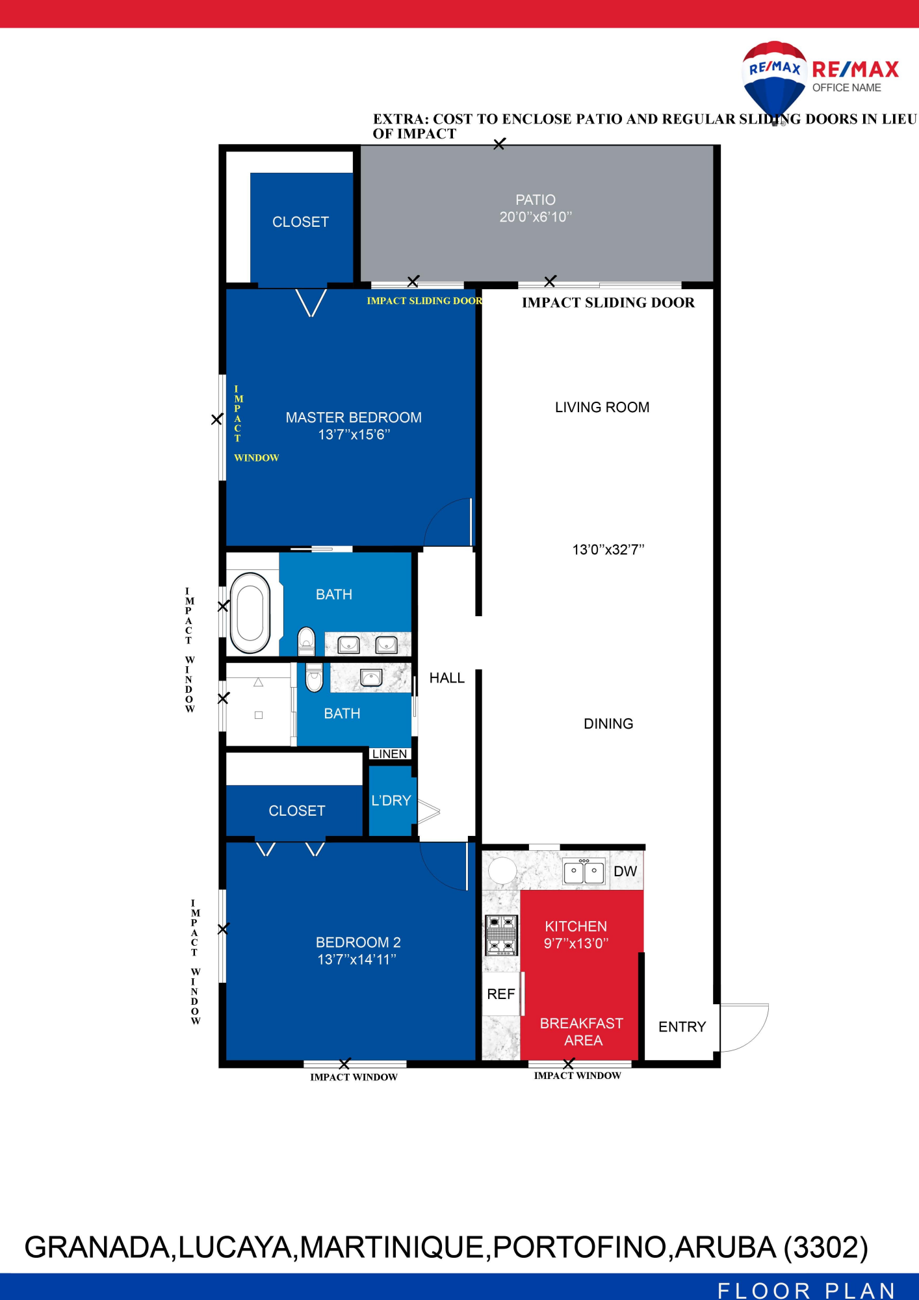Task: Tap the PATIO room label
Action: click(x=536, y=200)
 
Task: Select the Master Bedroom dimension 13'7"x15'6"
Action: click(x=354, y=434)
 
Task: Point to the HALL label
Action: click(x=447, y=678)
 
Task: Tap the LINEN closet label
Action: click(x=390, y=754)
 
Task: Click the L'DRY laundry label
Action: click(x=391, y=800)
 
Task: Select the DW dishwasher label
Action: click(x=625, y=871)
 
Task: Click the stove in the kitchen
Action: click(x=502, y=935)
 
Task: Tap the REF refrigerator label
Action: click(x=501, y=994)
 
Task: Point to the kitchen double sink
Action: click(x=584, y=872)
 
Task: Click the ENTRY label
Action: click(x=682, y=1026)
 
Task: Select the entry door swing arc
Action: click(x=759, y=1033)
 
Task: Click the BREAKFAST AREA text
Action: click(x=582, y=1032)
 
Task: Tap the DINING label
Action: click(x=608, y=723)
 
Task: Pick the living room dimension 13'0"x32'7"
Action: click(x=608, y=549)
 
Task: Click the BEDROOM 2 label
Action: click(x=358, y=942)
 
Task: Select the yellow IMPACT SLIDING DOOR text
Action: click(x=424, y=300)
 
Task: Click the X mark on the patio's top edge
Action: click(x=499, y=144)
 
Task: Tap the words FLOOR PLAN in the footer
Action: click(x=807, y=1290)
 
